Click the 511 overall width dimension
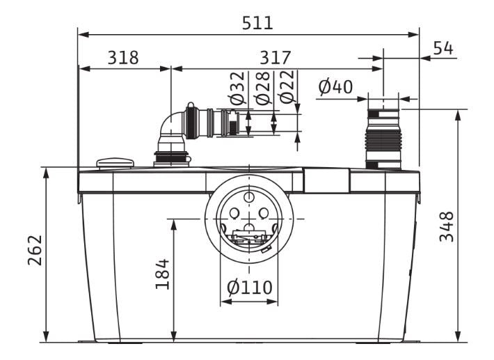[257, 23]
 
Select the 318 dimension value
[123, 58]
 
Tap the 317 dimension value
[275, 58]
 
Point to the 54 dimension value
[443, 48]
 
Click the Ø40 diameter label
[335, 87]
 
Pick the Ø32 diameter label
[237, 88]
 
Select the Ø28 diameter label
[263, 88]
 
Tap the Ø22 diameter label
[287, 86]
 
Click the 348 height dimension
[447, 227]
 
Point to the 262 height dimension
[35, 250]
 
